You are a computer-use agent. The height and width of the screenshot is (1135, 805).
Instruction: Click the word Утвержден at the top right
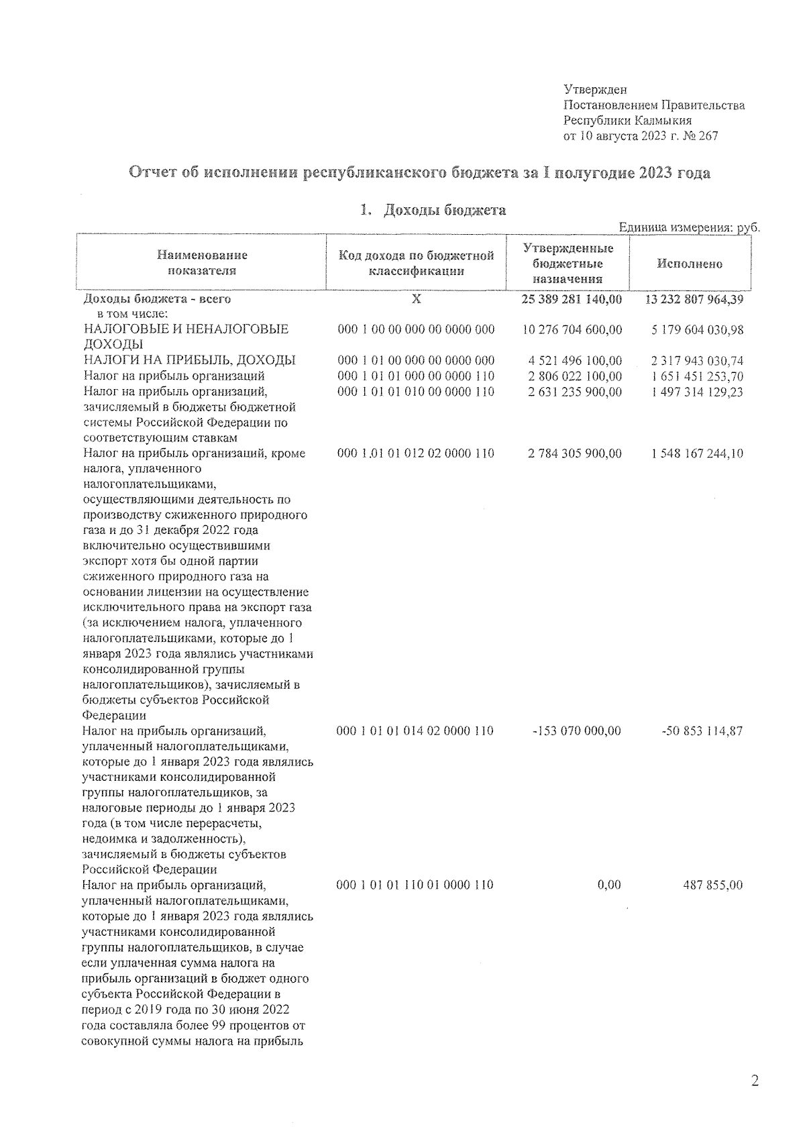tap(595, 89)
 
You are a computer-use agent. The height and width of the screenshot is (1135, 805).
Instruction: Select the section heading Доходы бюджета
tap(444, 211)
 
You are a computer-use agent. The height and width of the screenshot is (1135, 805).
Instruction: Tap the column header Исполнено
tap(690, 264)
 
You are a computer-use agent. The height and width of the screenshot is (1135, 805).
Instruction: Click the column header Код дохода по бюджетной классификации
tap(416, 263)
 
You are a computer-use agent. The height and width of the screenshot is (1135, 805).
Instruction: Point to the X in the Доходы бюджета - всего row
tap(416, 299)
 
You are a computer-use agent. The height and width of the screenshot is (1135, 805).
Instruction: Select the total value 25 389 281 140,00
tap(572, 299)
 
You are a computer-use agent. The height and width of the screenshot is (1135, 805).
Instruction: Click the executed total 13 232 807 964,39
tap(694, 299)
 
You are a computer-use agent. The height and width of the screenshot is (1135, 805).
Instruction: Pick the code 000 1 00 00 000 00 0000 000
tap(415, 329)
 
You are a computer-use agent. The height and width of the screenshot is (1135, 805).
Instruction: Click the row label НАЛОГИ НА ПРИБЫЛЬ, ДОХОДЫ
tap(189, 360)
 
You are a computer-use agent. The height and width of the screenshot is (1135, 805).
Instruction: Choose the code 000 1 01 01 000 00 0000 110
tap(415, 376)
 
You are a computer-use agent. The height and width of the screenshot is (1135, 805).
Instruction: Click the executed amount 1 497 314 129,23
tap(696, 392)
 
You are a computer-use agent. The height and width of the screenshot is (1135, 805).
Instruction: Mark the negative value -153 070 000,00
tap(576, 731)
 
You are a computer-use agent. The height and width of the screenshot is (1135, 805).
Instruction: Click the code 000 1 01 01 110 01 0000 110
tap(415, 885)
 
